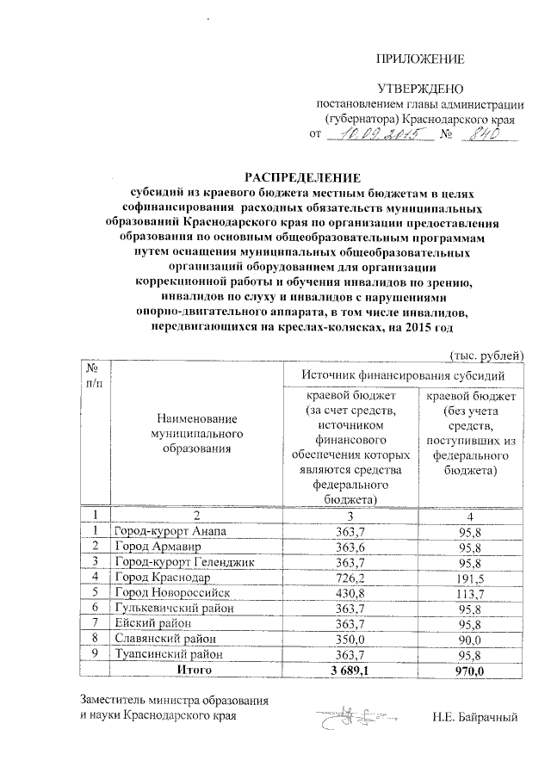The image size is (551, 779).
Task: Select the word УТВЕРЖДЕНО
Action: (x=422, y=89)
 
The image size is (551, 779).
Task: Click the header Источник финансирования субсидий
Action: (x=402, y=375)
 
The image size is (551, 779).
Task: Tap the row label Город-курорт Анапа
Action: (x=170, y=532)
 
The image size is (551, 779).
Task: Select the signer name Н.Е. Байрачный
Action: (x=475, y=715)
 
